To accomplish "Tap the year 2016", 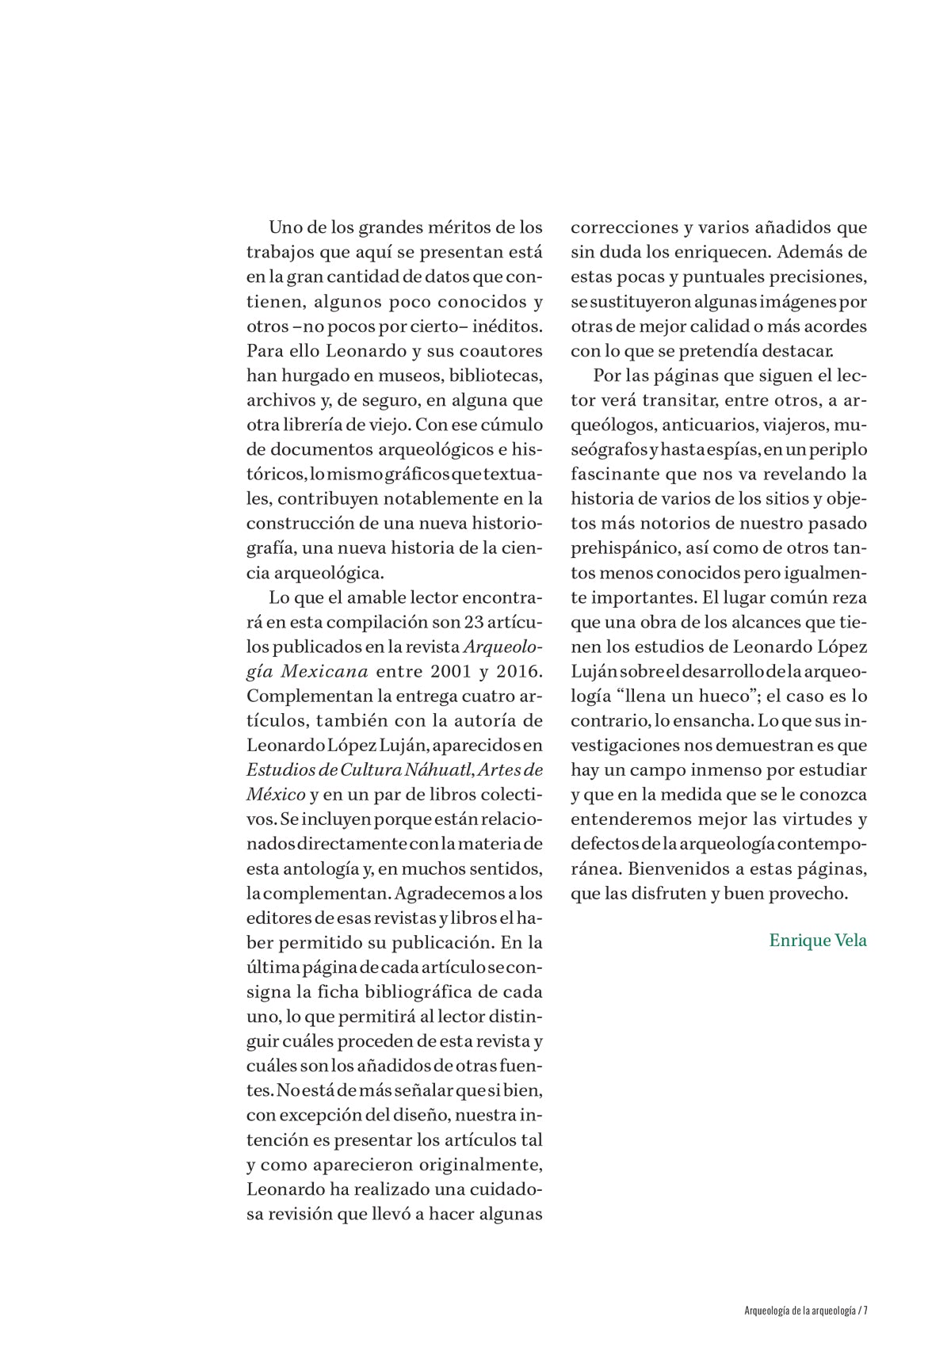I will pos(517,672).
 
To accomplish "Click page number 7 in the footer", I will pos(866,1311).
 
